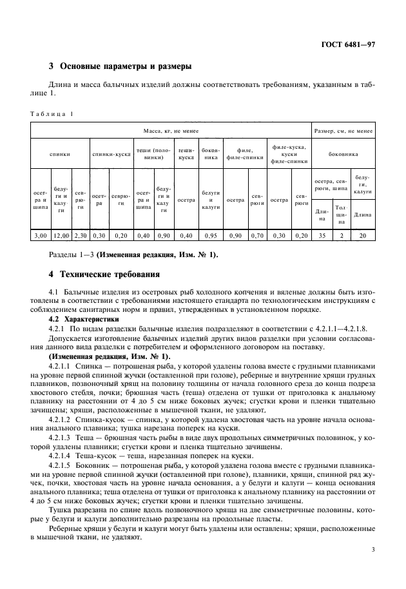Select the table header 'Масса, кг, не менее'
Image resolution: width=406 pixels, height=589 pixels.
pos(171,131)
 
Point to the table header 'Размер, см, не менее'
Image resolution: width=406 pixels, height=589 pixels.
pos(343,131)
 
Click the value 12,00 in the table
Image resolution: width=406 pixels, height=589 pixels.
pos(61,237)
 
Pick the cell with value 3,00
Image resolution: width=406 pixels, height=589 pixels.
pos(40,237)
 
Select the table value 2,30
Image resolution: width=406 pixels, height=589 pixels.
pos(81,237)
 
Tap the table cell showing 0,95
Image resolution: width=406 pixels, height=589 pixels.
pos(211,237)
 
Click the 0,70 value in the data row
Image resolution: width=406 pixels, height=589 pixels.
pos(256,237)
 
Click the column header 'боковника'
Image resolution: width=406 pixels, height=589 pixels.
pos(343,155)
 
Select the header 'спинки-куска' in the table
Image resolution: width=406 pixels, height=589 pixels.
pos(111,155)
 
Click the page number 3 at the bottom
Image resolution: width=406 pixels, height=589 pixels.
pos(372,568)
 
